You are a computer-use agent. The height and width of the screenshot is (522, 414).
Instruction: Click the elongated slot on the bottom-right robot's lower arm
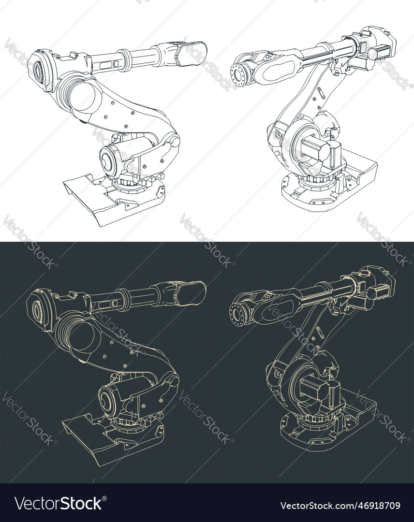(x=319, y=333)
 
